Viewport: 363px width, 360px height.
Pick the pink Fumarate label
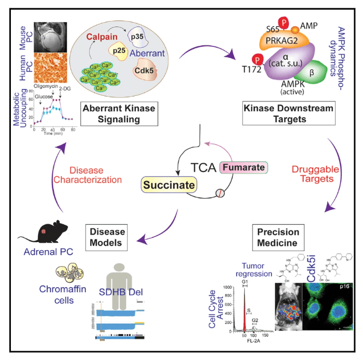click(244, 168)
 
